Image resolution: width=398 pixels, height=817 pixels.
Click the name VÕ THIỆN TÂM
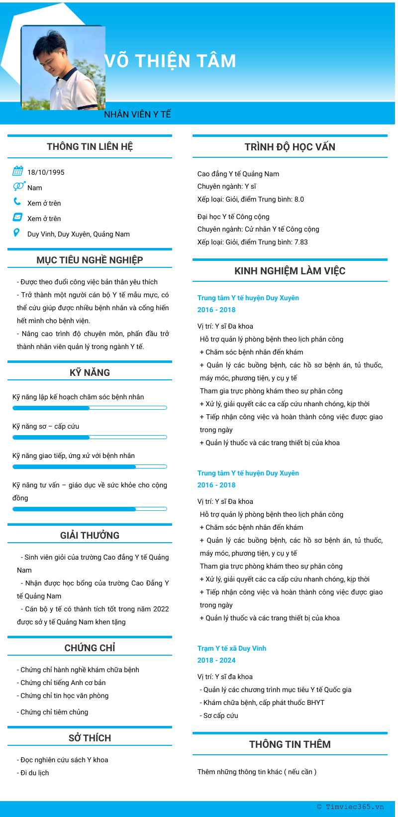[170, 61]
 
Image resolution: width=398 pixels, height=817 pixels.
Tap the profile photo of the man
[63, 68]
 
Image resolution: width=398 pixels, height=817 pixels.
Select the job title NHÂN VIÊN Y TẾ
[137, 115]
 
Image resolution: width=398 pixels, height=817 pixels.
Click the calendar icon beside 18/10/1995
[17, 171]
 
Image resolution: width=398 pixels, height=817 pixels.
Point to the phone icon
[17, 202]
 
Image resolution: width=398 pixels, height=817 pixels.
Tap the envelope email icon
[17, 217]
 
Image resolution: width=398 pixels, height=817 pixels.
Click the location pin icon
[17, 233]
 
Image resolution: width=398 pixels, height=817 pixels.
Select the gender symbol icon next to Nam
[18, 186]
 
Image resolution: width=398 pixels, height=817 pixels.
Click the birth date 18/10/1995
[46, 172]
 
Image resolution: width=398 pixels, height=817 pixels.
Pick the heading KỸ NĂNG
[90, 372]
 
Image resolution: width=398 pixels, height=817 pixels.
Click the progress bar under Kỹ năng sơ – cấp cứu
[90, 437]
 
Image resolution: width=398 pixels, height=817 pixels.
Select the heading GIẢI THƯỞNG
[90, 535]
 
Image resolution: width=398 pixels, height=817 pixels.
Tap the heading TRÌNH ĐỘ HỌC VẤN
[290, 147]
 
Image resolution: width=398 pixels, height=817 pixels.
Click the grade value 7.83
[301, 242]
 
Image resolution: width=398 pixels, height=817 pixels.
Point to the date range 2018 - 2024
[216, 660]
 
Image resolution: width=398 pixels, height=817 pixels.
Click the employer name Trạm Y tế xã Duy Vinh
[232, 648]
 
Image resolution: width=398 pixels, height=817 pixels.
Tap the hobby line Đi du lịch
[35, 773]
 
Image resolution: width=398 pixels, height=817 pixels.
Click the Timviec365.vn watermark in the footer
[350, 807]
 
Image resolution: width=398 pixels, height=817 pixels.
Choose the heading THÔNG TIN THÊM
[290, 744]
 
